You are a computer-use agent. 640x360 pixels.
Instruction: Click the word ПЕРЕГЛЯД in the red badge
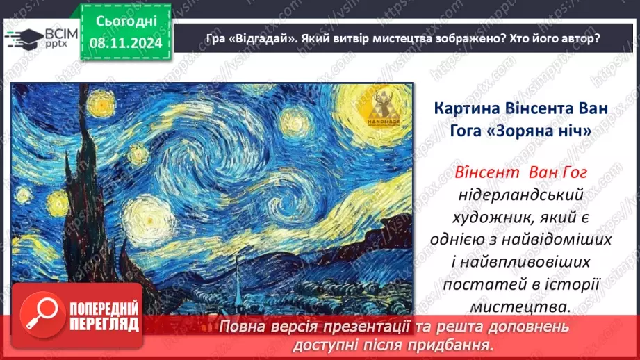click(x=101, y=324)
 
